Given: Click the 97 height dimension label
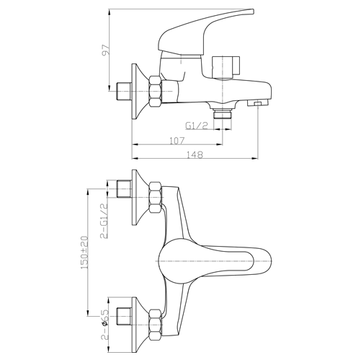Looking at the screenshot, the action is click(x=106, y=51).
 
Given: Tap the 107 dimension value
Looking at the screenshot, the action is click(x=177, y=141).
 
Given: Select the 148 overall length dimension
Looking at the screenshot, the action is click(x=195, y=155).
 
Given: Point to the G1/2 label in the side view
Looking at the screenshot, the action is click(x=197, y=126).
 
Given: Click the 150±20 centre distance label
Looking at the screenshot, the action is click(x=85, y=253).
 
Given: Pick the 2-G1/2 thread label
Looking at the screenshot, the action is click(x=104, y=221).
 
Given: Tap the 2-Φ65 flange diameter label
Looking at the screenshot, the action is click(x=105, y=329).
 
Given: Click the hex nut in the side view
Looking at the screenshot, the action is click(x=156, y=92).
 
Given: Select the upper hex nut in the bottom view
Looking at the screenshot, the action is click(x=156, y=197).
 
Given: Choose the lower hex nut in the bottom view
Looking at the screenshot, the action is click(x=156, y=325).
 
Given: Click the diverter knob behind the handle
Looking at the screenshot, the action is click(x=226, y=68).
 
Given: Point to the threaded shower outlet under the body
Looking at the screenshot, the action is click(x=223, y=113).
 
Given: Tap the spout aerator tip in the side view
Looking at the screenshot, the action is click(x=258, y=103).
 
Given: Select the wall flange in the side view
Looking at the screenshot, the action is click(x=138, y=92).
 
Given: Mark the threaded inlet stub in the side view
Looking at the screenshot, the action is click(x=124, y=92).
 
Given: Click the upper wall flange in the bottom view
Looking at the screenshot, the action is click(x=138, y=197).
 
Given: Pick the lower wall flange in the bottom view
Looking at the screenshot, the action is click(x=138, y=325).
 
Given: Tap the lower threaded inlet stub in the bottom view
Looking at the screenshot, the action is click(x=124, y=316).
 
